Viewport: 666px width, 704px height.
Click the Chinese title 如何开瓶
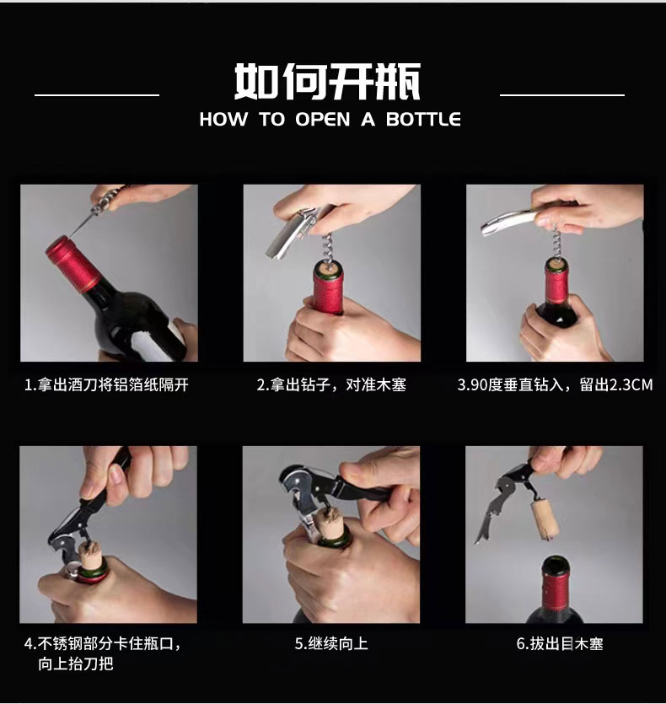coord(327,81)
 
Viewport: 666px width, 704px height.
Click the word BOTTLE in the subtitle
coord(423,120)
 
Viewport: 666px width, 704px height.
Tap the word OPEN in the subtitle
coord(322,120)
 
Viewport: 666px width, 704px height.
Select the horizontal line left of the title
coord(97,94)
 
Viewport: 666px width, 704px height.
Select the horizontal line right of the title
coord(562,94)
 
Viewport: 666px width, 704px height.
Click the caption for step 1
coord(106,384)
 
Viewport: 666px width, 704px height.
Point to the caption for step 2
coord(331,384)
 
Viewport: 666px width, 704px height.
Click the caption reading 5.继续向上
coord(331,643)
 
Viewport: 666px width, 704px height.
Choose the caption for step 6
coord(560,643)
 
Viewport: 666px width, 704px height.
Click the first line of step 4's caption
coord(103,644)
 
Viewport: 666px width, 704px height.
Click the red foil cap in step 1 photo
coord(73,264)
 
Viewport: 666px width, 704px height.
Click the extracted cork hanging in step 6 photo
coord(545,520)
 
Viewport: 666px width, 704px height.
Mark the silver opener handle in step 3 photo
coord(507,223)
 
